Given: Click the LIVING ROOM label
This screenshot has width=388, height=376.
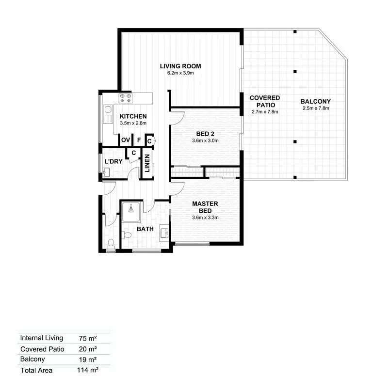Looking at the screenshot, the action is pyautogui.click(x=180, y=66).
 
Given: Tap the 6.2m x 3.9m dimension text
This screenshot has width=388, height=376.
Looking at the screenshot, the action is pyautogui.click(x=180, y=73).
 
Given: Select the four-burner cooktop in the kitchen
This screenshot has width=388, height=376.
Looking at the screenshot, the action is pyautogui.click(x=126, y=98).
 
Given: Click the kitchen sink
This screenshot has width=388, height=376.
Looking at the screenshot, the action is pyautogui.click(x=108, y=114).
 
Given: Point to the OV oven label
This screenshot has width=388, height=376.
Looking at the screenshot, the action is pyautogui.click(x=126, y=140).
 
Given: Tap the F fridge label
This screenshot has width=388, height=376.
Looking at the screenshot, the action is pyautogui.click(x=139, y=140).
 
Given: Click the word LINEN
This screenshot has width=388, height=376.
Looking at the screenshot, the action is pyautogui.click(x=147, y=163).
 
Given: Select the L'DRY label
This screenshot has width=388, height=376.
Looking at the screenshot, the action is pyautogui.click(x=113, y=161).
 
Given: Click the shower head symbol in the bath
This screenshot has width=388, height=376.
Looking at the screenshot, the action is pyautogui.click(x=131, y=210).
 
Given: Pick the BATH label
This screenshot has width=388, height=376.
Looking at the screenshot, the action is pyautogui.click(x=145, y=229).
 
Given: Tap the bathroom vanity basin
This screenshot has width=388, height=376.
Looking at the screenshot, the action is pyautogui.click(x=164, y=233).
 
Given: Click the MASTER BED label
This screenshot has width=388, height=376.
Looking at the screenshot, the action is pyautogui.click(x=205, y=207).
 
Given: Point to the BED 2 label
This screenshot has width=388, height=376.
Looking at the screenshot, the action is pyautogui.click(x=205, y=134).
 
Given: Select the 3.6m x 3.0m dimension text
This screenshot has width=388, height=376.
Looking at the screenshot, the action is pyautogui.click(x=205, y=141).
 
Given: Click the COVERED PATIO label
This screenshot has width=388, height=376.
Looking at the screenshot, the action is pyautogui.click(x=265, y=101).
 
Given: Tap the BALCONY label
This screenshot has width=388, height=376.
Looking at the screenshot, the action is pyautogui.click(x=316, y=101).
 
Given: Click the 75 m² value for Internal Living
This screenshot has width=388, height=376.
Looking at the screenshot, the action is pyautogui.click(x=88, y=338).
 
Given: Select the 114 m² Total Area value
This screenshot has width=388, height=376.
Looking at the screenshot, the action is pyautogui.click(x=88, y=370).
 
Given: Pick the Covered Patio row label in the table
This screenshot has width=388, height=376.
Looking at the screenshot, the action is pyautogui.click(x=42, y=349).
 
